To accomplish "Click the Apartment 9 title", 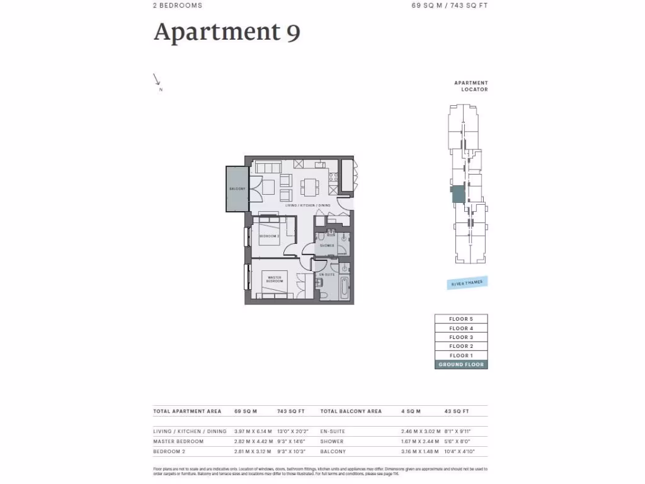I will pyautogui.click(x=227, y=32).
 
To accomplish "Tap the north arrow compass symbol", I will pyautogui.click(x=157, y=80).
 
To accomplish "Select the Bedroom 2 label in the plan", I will pyautogui.click(x=269, y=236).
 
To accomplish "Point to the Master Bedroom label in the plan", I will pyautogui.click(x=274, y=279).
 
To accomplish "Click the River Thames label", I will pyautogui.click(x=467, y=284).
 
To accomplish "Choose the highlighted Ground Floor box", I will pyautogui.click(x=461, y=364).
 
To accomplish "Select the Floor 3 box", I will pyautogui.click(x=461, y=337).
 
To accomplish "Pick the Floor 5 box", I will pyautogui.click(x=461, y=319).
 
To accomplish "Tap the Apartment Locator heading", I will pyautogui.click(x=471, y=86).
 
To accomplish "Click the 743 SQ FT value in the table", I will pyautogui.click(x=291, y=412).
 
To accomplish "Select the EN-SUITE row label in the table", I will pyautogui.click(x=333, y=432).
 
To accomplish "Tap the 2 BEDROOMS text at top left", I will pyautogui.click(x=178, y=6).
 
